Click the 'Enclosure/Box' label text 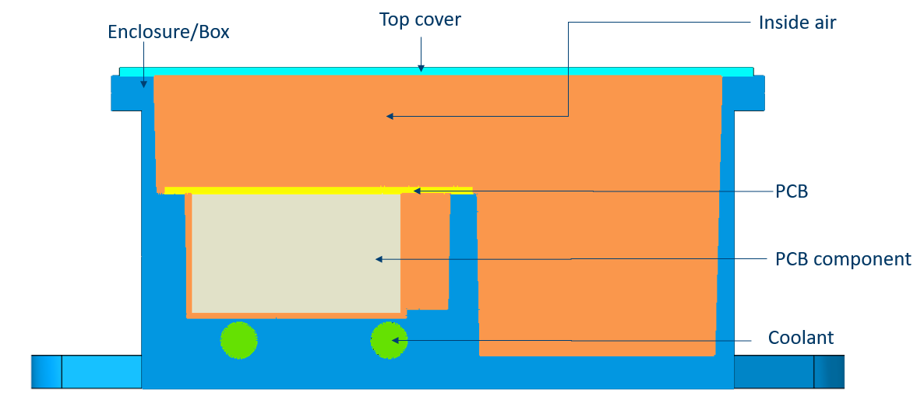pyautogui.click(x=168, y=33)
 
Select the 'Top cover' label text pyautogui.click(x=420, y=19)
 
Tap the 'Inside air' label pyautogui.click(x=797, y=23)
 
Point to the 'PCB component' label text pyautogui.click(x=843, y=258)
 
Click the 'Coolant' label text pyautogui.click(x=800, y=338)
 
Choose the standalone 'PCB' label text pyautogui.click(x=791, y=191)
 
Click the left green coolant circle pyautogui.click(x=238, y=340)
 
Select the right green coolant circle pyautogui.click(x=389, y=340)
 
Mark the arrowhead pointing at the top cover pyautogui.click(x=421, y=68)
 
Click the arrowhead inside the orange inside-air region pyautogui.click(x=390, y=117)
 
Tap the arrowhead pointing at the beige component pyautogui.click(x=379, y=259)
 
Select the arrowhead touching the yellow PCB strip pyautogui.click(x=417, y=190)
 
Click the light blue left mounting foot pyautogui.click(x=86, y=371)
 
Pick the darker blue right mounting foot pyautogui.click(x=787, y=371)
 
